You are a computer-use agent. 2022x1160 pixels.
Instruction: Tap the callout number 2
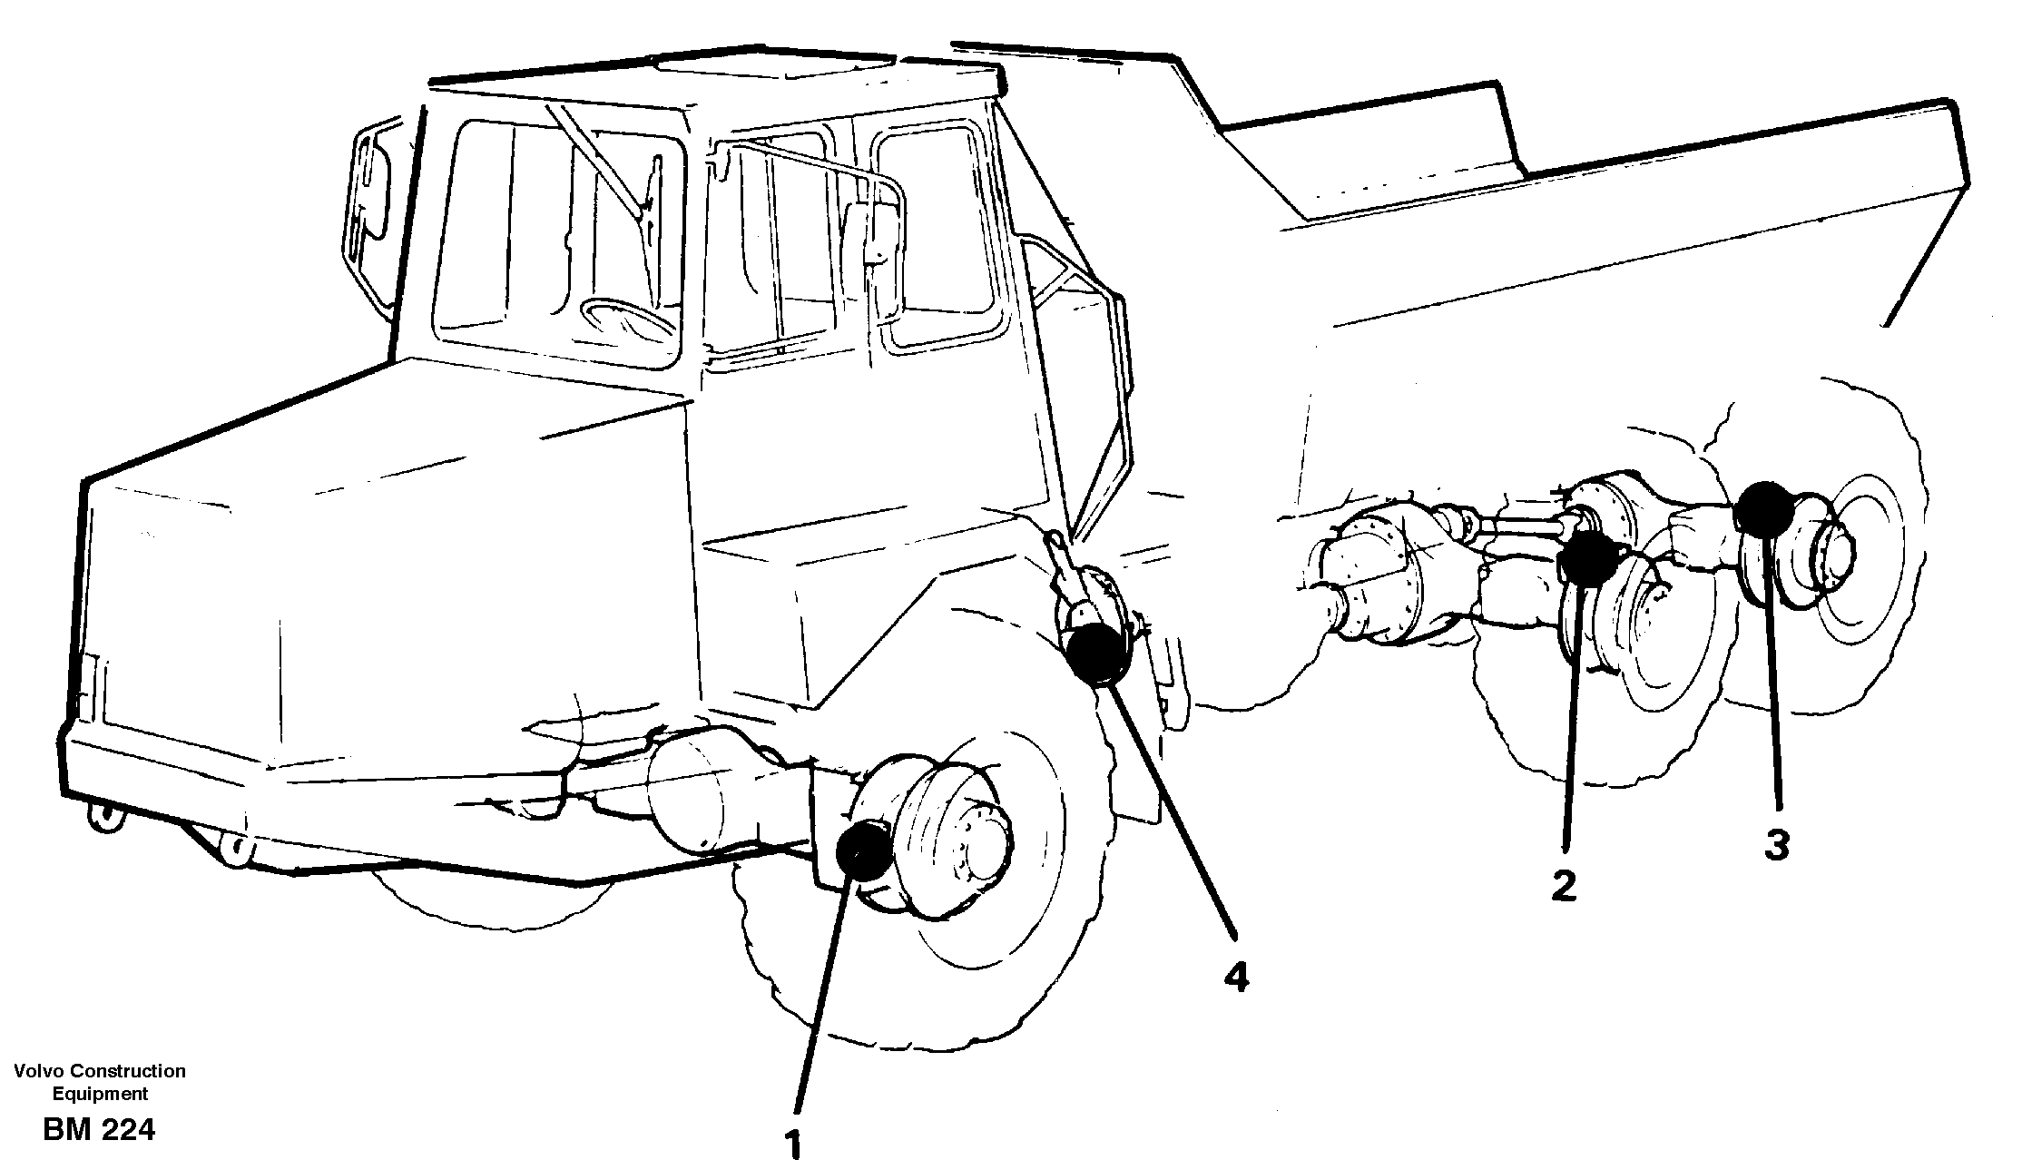(x=1563, y=885)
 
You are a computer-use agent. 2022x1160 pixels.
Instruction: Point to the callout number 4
(x=1235, y=977)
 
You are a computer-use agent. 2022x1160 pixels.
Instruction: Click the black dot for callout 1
(x=863, y=850)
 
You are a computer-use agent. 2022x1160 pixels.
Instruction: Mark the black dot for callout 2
(x=1587, y=557)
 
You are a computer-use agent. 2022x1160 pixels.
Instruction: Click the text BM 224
(x=98, y=1130)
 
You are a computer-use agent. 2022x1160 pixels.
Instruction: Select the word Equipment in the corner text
(x=100, y=1094)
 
